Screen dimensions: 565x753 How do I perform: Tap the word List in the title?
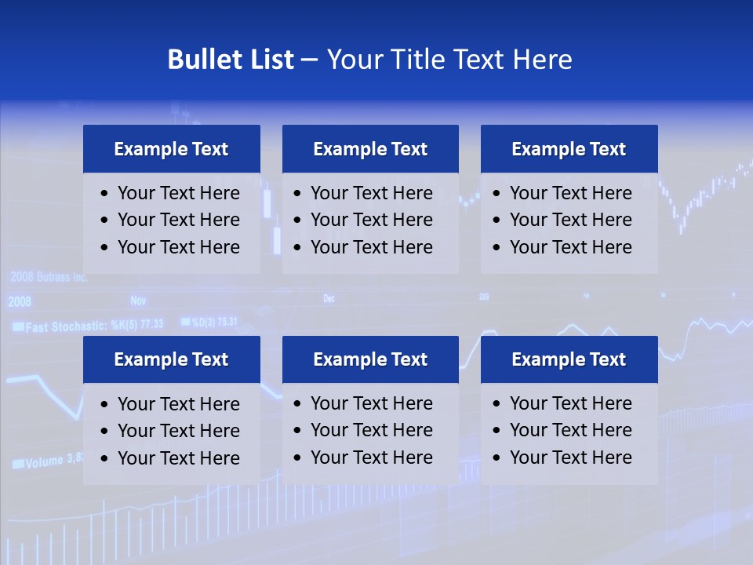tap(268, 60)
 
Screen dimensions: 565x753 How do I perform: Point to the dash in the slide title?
tap(309, 60)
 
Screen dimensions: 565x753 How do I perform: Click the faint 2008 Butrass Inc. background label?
tap(48, 277)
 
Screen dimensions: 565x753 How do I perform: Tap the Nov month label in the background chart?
tap(138, 301)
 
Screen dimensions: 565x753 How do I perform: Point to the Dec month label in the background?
tap(329, 299)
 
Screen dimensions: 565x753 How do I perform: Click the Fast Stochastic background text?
tap(94, 325)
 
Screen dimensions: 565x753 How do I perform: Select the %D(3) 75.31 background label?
tap(209, 322)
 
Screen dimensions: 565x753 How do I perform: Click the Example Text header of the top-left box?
tap(171, 149)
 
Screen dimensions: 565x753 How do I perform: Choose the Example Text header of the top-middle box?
tap(370, 149)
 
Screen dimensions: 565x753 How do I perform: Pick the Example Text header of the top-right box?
tap(569, 149)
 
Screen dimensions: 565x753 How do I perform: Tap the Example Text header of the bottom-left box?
tap(171, 359)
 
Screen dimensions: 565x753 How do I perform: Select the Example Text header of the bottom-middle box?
tap(370, 359)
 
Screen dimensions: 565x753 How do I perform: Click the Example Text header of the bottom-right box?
tap(569, 359)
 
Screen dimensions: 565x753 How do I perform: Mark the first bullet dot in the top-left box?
tap(105, 194)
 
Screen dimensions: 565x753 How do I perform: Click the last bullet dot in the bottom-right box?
tap(497, 458)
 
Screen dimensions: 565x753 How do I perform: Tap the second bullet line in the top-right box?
tap(570, 220)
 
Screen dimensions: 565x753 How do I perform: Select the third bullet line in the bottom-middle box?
tap(371, 457)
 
